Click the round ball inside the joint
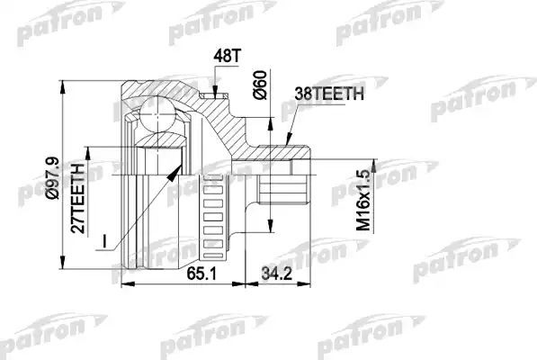[x=158, y=116]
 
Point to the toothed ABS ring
[x=212, y=211]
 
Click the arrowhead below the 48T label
[x=215, y=91]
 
